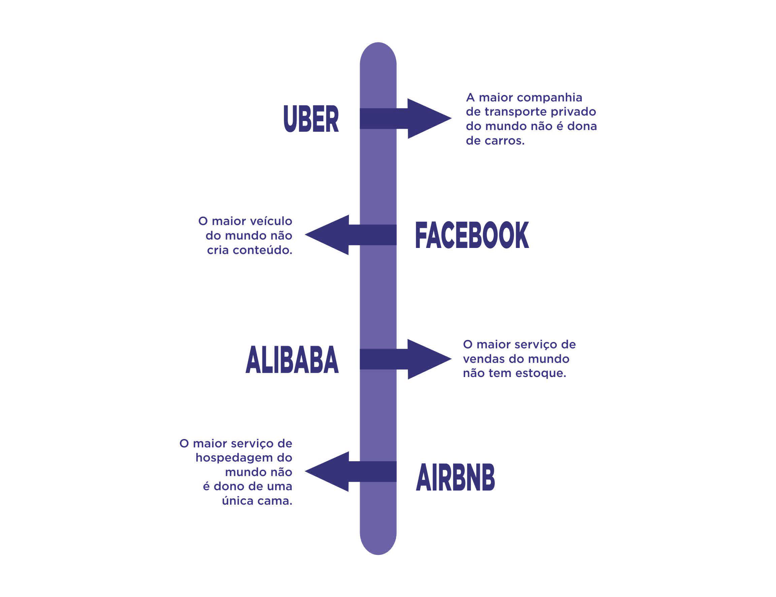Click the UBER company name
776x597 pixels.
311,119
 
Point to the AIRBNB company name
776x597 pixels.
455,477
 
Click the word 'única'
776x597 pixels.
235,501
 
